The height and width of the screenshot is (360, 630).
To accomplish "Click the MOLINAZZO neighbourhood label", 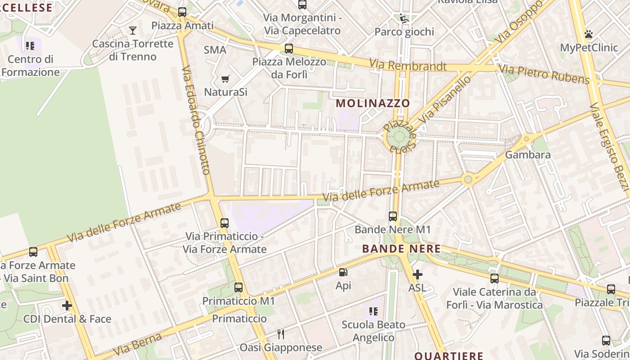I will point(373,103).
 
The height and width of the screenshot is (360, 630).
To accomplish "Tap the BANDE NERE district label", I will point(401,248).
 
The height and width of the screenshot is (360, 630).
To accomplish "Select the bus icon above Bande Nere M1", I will point(393,216).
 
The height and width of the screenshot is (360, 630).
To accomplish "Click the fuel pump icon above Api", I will point(343,272).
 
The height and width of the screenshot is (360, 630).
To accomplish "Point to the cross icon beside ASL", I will point(417,274).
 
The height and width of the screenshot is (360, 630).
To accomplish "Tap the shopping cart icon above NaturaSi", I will point(225,79).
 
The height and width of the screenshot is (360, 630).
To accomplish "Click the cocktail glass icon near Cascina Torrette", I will point(132,31).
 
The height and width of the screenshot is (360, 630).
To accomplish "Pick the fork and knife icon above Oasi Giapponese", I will point(281,334).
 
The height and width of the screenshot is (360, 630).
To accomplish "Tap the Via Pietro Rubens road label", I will point(544,75).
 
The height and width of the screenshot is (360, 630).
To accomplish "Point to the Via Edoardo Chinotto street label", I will point(197,121).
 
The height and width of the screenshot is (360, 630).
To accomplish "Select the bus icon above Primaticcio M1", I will point(238,287).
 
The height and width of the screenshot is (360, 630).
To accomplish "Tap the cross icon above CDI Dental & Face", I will point(67,306).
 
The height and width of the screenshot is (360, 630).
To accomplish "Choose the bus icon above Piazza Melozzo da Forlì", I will point(289,49).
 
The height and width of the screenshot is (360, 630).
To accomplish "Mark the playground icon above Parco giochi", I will point(404,18).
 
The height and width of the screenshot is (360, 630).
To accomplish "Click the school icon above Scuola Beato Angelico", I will point(373,311).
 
